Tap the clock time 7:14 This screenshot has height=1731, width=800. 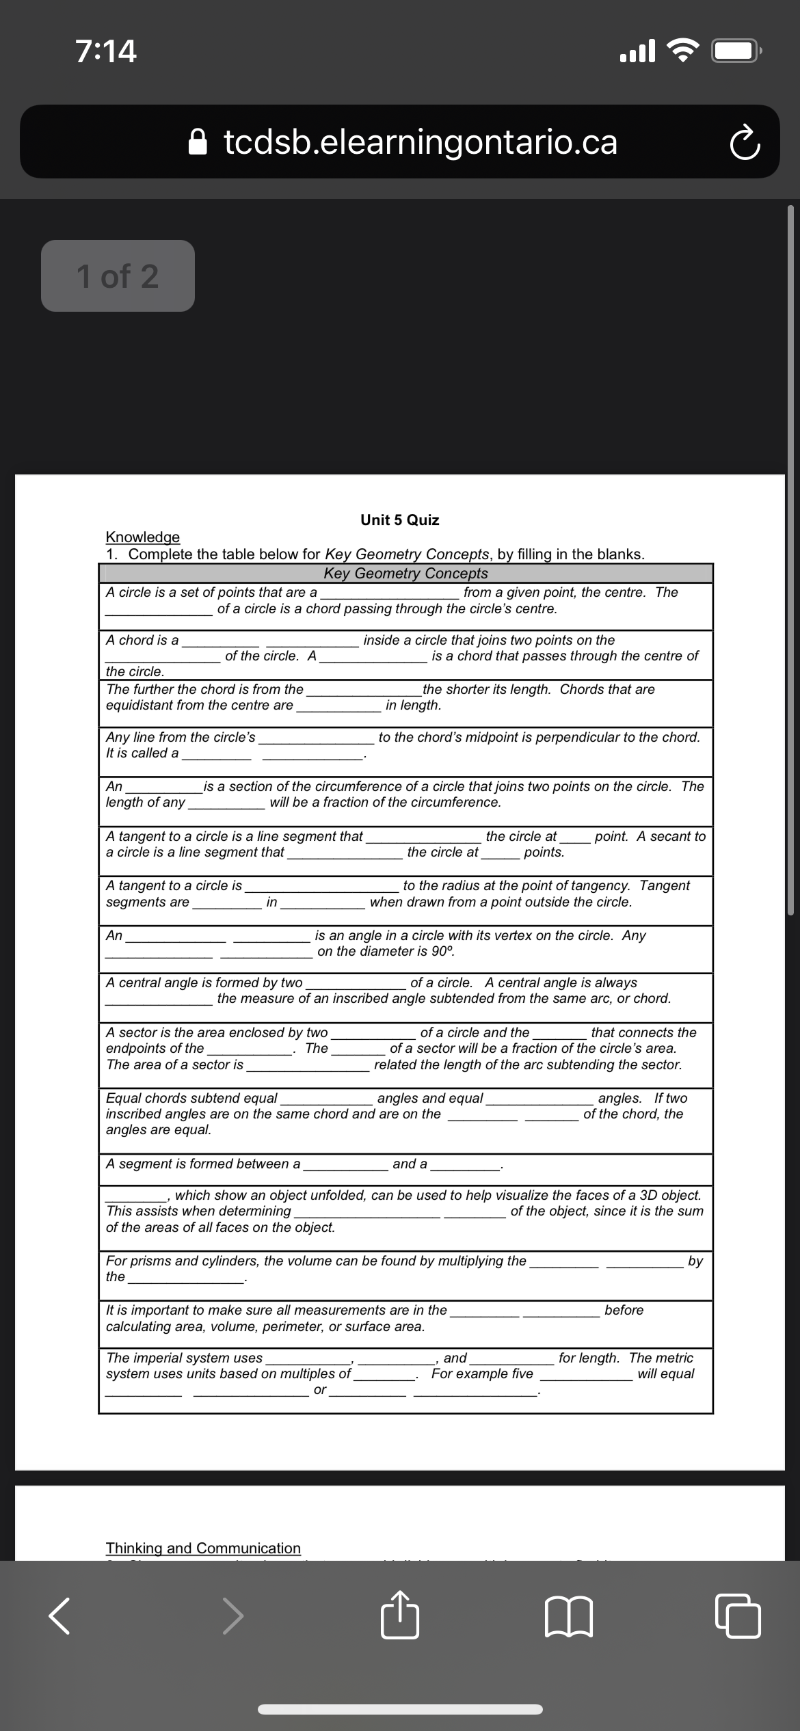click(106, 51)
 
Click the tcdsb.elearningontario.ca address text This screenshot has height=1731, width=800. click(420, 142)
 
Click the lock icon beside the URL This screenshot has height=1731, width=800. click(198, 142)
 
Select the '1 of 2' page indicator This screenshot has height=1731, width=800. click(118, 276)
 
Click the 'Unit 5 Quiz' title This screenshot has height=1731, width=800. click(400, 520)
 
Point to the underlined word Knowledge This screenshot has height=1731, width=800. click(142, 537)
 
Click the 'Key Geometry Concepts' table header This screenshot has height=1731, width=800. click(405, 573)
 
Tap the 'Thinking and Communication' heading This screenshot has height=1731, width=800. click(203, 1548)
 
